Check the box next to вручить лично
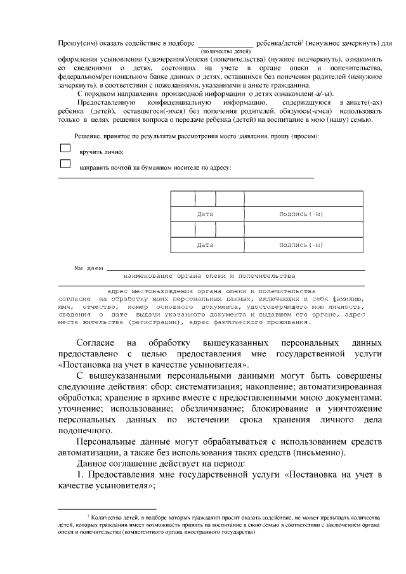coord(65,148)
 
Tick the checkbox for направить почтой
coord(65,164)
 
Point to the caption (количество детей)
coord(225,51)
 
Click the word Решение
coord(88,136)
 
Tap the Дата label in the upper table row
coord(205,214)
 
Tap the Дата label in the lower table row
coord(205,244)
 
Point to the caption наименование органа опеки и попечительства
coord(209,276)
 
